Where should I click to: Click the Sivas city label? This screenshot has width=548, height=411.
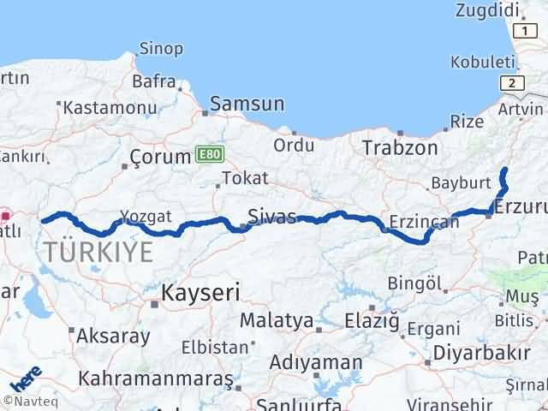(271, 214)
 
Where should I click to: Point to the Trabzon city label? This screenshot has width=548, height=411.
(400, 147)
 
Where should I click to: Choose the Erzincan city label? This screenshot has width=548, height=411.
(424, 222)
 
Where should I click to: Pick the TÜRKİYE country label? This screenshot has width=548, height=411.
(100, 252)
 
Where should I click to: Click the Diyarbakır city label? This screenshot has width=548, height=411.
(481, 353)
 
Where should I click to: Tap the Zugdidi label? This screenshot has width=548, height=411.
(489, 9)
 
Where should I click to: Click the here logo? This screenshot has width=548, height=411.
(26, 379)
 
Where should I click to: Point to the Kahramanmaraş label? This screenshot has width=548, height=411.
(155, 378)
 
